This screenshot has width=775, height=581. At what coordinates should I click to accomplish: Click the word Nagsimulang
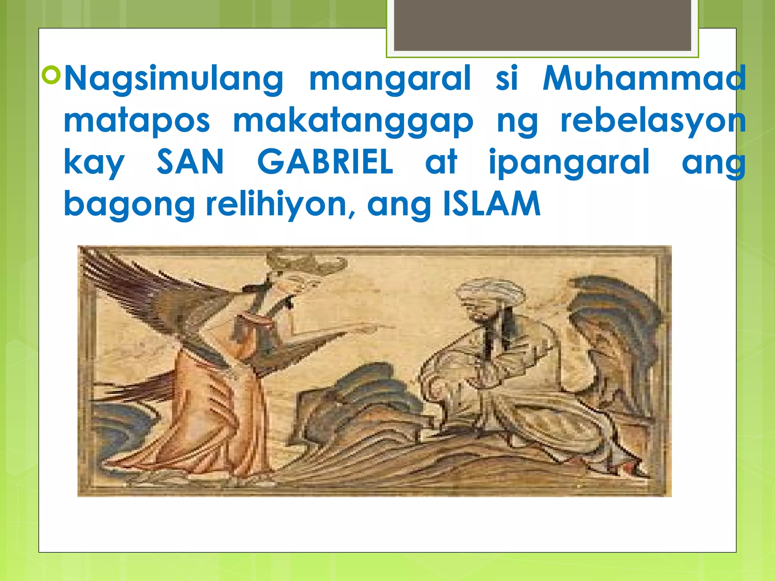coord(174,79)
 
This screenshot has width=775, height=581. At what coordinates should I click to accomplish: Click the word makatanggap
coord(353,122)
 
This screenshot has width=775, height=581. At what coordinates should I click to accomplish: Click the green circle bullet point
coord(51,74)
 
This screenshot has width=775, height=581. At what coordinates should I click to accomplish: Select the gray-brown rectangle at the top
coord(542,25)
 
